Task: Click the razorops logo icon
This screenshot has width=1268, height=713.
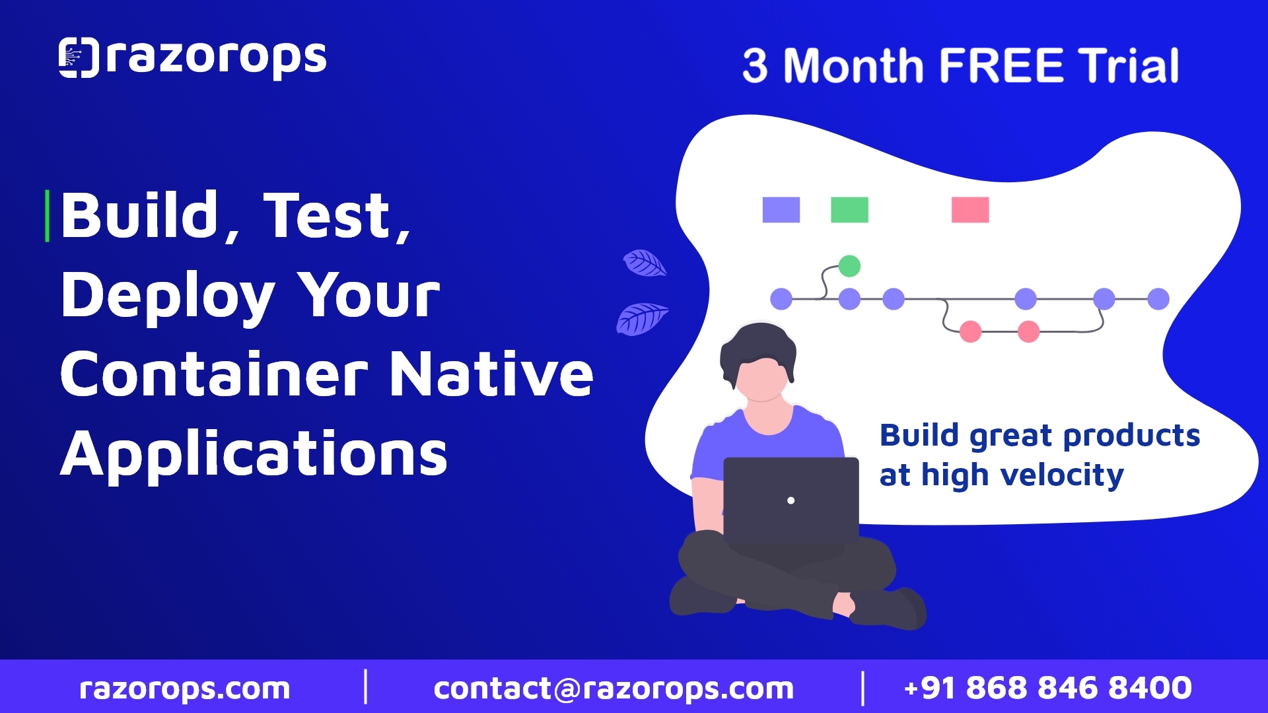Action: pyautogui.click(x=79, y=57)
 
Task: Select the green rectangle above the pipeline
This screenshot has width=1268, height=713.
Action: pyautogui.click(x=849, y=209)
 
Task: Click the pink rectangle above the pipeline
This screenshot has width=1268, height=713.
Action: pyautogui.click(x=970, y=209)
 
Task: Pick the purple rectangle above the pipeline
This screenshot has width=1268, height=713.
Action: pyautogui.click(x=781, y=209)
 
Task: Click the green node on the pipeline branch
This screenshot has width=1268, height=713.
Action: pyautogui.click(x=849, y=266)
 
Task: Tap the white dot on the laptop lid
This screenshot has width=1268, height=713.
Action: pyautogui.click(x=791, y=500)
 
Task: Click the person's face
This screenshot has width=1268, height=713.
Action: pyautogui.click(x=762, y=380)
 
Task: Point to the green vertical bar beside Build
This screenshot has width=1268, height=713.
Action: pyautogui.click(x=47, y=216)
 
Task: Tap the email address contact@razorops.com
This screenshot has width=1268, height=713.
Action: pyautogui.click(x=614, y=689)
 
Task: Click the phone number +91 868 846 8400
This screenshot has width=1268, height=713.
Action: pyautogui.click(x=1048, y=688)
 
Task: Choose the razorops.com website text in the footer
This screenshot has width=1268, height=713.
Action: pyautogui.click(x=185, y=689)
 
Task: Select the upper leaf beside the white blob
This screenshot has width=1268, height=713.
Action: pyautogui.click(x=645, y=263)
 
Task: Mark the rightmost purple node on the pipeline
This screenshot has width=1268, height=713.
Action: pyautogui.click(x=1158, y=299)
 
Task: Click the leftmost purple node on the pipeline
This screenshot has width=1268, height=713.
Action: pyautogui.click(x=781, y=299)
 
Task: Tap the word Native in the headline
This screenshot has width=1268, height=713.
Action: pyautogui.click(x=492, y=374)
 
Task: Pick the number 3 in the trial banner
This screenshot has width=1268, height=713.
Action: pyautogui.click(x=756, y=66)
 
